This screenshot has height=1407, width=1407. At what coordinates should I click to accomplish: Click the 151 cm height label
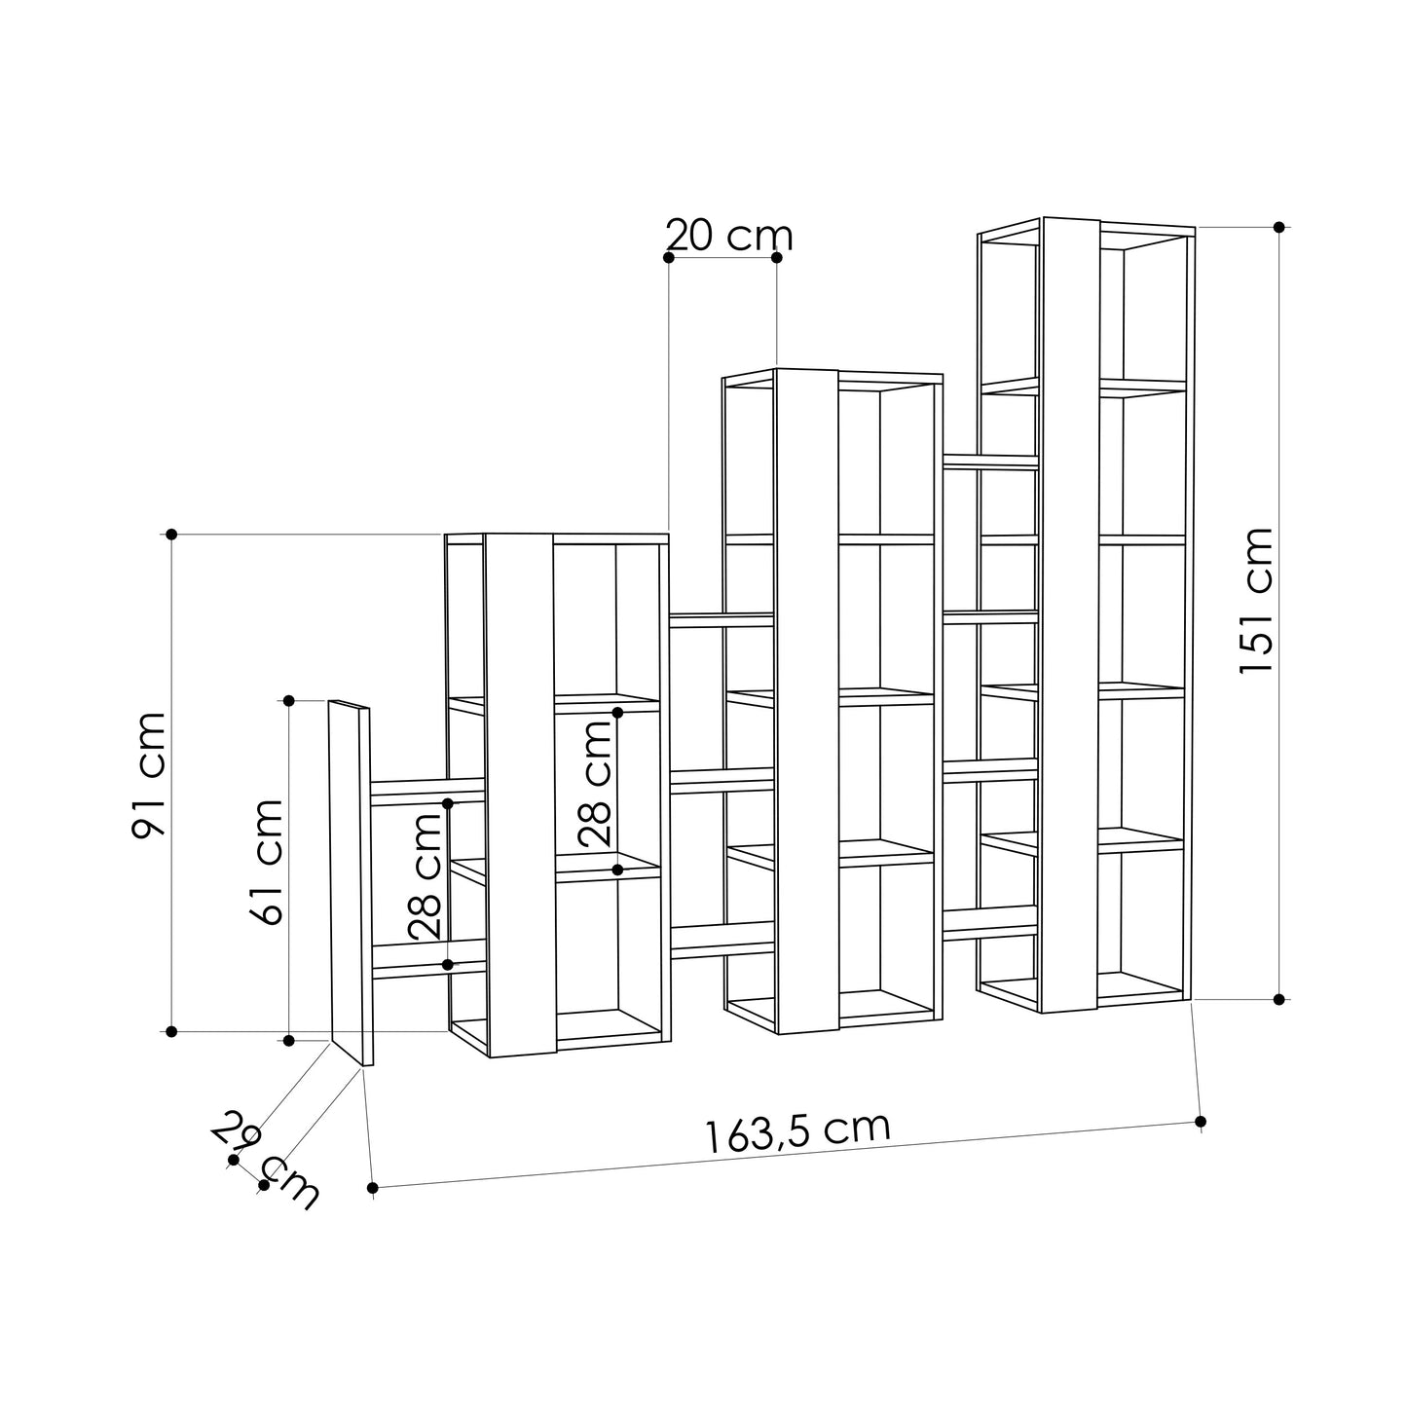coord(1256,600)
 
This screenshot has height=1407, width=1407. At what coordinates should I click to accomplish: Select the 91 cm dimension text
coord(150,774)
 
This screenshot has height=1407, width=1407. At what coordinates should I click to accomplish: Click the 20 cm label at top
coord(729,236)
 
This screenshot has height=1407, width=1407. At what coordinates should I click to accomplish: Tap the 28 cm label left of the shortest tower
coord(426,876)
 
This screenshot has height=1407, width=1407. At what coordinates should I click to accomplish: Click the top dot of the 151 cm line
coord(1278,227)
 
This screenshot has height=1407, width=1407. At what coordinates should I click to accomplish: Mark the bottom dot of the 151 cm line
coord(1278,999)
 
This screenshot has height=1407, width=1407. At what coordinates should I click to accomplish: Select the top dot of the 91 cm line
coord(171,534)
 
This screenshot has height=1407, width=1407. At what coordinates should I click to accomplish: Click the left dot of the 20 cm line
coord(668,257)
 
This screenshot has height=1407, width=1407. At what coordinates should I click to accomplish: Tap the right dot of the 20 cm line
coord(776,257)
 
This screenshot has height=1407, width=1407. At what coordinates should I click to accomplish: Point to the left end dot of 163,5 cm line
coord(373,1188)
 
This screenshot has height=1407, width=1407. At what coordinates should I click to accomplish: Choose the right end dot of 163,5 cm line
coord(1201,1122)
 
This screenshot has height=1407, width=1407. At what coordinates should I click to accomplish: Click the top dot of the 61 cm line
coord(289,700)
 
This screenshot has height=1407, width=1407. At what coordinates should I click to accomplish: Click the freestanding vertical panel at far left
coord(349,881)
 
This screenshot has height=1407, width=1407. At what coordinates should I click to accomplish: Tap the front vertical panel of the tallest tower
coord(1070,613)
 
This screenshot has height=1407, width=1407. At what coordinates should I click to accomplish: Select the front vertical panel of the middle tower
coord(806,701)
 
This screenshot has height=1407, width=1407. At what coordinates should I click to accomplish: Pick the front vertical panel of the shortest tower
coord(520,794)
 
